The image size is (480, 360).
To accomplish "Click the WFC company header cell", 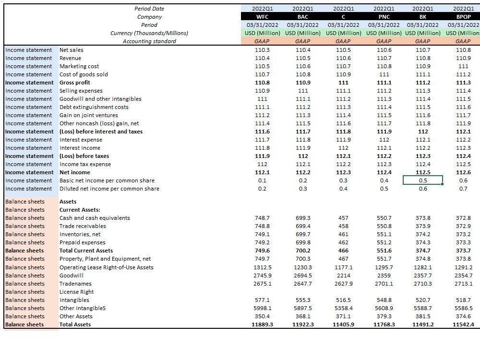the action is click(x=262, y=17).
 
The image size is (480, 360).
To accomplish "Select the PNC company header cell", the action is click(x=384, y=17).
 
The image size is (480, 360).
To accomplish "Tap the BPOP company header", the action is click(x=463, y=17).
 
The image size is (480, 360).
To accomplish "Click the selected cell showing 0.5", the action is click(x=423, y=180).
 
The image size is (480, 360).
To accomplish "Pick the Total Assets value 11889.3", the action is click(x=262, y=324).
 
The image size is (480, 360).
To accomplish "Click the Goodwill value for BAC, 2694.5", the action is click(x=303, y=276).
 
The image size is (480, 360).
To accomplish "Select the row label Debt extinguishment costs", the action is click(x=94, y=107).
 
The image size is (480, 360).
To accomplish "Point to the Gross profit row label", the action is click(x=75, y=83).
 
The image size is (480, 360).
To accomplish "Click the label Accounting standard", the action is click(x=149, y=41).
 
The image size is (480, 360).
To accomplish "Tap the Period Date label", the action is click(x=149, y=9).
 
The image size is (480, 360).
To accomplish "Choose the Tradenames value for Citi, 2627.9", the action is click(x=344, y=284).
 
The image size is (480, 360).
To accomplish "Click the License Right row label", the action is click(x=76, y=292).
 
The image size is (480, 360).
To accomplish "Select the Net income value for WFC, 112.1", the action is click(x=262, y=172).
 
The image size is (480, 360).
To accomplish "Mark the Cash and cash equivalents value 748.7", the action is click(x=262, y=218).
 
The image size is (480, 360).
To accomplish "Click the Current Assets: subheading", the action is click(x=80, y=210).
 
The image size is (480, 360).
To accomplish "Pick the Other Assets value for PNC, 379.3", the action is click(x=384, y=316).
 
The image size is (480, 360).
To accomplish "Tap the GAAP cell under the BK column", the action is click(x=423, y=41).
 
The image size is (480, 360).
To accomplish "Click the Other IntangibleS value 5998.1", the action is click(x=262, y=308).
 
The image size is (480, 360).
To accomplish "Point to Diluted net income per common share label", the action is click(x=109, y=189).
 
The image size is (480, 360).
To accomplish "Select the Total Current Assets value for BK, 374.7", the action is click(x=423, y=251).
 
